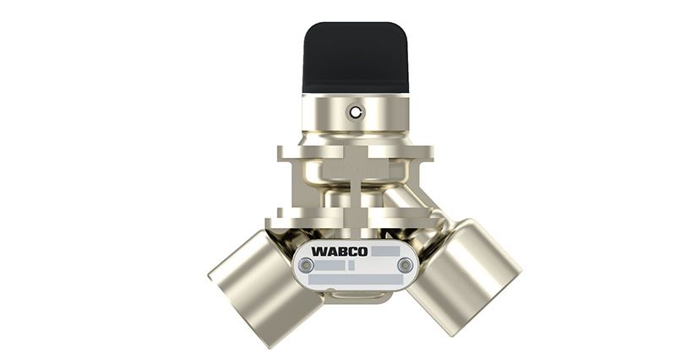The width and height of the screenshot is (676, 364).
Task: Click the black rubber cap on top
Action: [355, 57]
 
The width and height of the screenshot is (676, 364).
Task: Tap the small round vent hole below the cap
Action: [355, 112]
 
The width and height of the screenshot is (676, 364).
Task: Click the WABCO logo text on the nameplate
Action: [340, 252]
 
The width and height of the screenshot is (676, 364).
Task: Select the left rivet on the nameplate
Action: [306, 265]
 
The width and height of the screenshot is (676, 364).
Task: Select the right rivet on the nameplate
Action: [405, 265]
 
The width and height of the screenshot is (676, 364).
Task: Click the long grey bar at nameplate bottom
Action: [356, 280]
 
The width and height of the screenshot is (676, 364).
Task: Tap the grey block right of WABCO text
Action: [385, 252]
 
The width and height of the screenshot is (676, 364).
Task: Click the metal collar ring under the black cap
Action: [355, 114]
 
